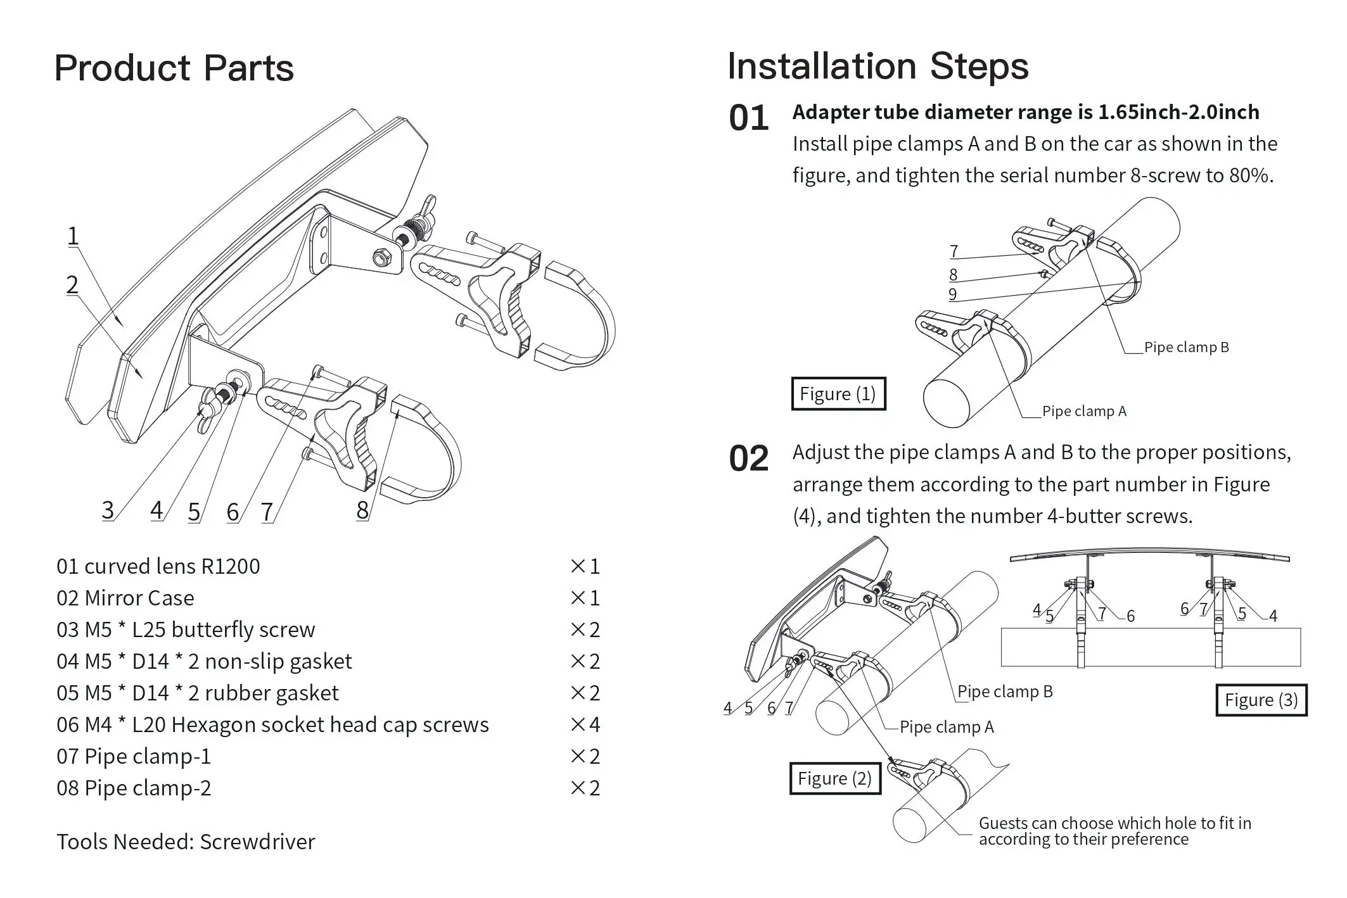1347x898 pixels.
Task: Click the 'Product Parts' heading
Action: pos(174,68)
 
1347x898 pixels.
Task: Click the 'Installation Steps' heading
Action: pos(878,66)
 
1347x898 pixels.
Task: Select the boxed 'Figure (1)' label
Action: pos(838,394)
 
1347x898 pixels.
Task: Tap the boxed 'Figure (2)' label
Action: pos(834,778)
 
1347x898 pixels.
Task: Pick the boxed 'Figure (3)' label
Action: pos(1261,700)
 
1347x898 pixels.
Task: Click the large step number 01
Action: pos(748,118)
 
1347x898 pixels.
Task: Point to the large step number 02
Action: pos(748,458)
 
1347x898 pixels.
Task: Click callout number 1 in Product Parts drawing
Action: pos(73,236)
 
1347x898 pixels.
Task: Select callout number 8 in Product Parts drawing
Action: pos(362,510)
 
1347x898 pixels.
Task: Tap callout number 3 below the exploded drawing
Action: pos(108,510)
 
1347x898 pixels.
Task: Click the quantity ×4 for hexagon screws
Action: pos(585,724)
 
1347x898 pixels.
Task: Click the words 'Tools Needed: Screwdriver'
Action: pos(186,842)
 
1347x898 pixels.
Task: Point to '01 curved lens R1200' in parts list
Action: pos(158,566)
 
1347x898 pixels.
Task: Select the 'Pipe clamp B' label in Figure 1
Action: pos(1186,347)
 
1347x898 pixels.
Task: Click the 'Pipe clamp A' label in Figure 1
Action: pos(1084,411)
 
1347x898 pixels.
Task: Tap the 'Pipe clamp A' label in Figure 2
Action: pos(947,727)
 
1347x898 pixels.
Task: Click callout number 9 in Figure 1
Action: pos(952,294)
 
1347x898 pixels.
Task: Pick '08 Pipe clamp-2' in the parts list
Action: pos(134,788)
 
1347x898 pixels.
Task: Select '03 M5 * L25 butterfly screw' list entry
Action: pos(186,629)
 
